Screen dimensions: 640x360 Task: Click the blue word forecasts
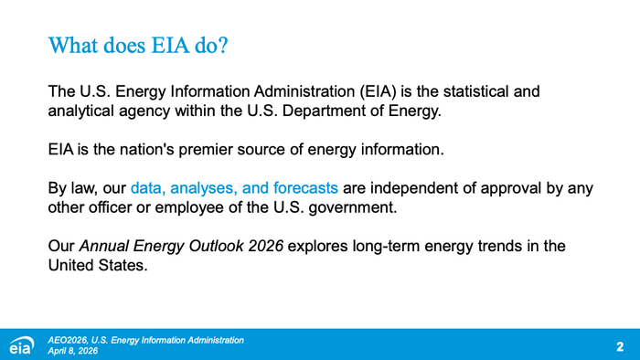[x=305, y=188]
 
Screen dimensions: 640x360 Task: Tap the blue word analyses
[x=204, y=188]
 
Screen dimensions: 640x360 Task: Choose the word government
[x=353, y=208]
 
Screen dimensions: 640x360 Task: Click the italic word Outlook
[x=216, y=246]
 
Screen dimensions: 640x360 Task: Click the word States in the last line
[x=122, y=265]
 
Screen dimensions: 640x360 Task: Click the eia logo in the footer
[x=22, y=344]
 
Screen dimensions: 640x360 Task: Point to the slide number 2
[x=620, y=346]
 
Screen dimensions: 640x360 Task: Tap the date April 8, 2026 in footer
[x=72, y=351]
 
